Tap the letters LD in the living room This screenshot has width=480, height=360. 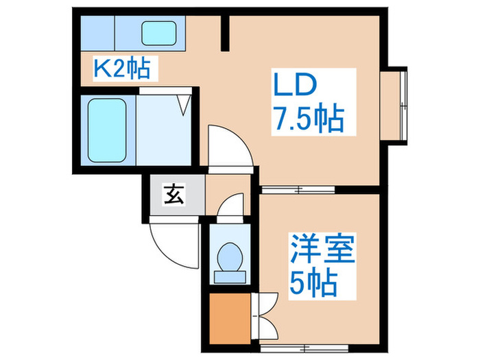[x=296, y=87]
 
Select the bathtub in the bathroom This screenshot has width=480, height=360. [x=107, y=130]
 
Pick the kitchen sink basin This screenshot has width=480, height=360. [x=159, y=32]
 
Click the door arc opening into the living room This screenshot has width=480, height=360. [x=228, y=145]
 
